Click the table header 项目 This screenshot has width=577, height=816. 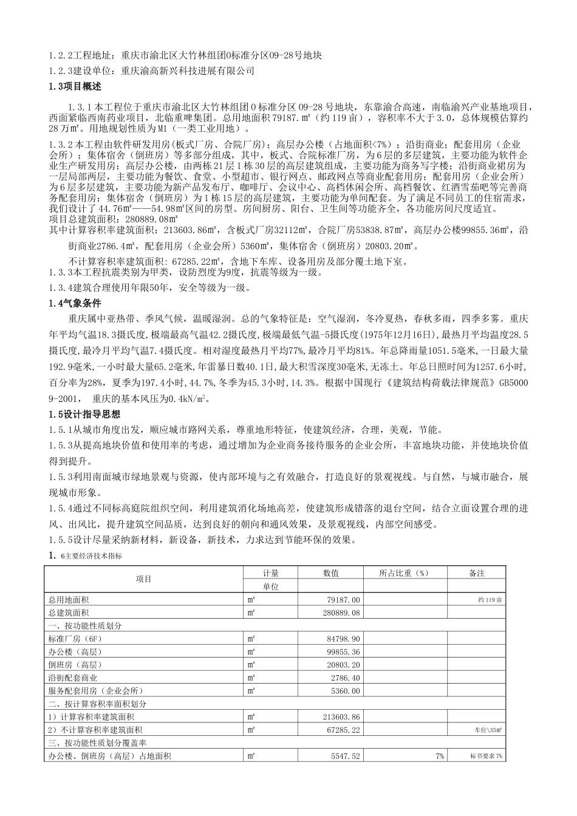pos(144,579)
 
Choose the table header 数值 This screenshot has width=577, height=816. pos(331,573)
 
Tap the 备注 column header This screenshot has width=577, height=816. pos(477,573)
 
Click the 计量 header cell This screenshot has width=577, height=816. pos(271,573)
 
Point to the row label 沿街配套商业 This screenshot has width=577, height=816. pos(73,678)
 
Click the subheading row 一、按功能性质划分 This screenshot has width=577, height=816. pos(85,625)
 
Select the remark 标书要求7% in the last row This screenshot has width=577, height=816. pos(486,756)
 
